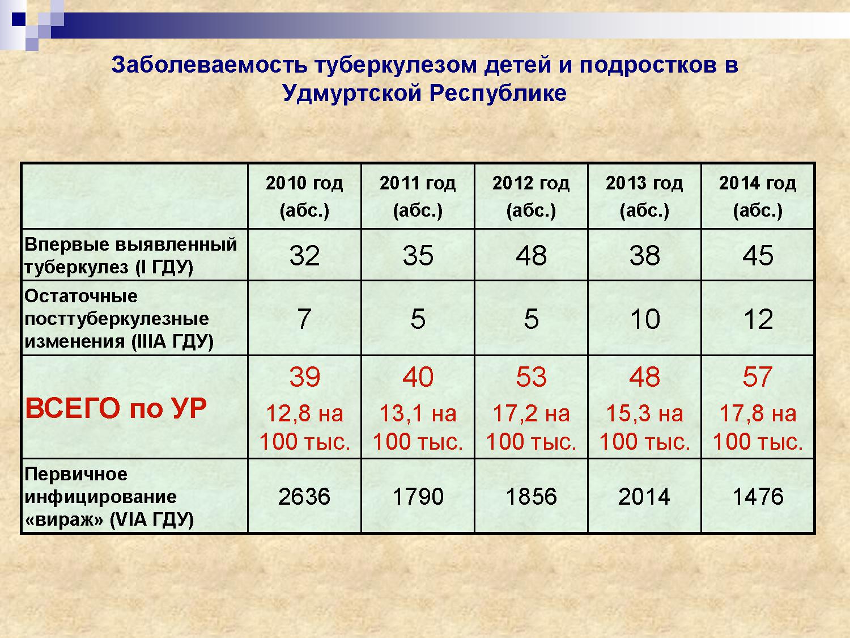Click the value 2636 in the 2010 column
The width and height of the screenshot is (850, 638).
304,496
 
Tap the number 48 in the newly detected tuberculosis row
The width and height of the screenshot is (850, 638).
531,255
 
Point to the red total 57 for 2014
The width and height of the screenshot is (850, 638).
758,377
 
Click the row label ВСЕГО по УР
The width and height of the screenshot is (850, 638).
116,408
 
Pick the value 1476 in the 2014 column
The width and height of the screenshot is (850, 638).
758,496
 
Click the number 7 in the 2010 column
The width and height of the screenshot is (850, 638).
304,319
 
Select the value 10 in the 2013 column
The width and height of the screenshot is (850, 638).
645,319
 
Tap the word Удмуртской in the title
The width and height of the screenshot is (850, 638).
352,93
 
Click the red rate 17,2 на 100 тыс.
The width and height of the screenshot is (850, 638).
531,427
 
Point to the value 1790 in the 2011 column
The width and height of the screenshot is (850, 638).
418,496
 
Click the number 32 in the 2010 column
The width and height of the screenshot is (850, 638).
304,255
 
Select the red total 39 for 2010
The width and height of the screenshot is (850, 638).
304,377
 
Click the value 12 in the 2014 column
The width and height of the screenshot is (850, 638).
758,319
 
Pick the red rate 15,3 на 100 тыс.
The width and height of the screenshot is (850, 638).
645,427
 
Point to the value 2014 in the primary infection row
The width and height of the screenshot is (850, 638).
644,496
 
